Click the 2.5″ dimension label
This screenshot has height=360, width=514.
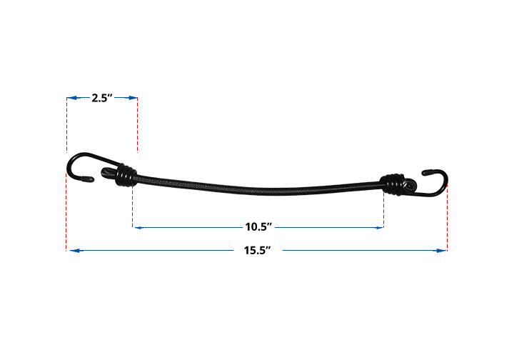(102, 98)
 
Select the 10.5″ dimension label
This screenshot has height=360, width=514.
(258, 227)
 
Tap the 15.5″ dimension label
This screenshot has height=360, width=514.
(257, 251)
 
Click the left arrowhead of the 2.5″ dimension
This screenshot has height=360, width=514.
(71, 98)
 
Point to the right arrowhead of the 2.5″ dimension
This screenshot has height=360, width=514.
(133, 98)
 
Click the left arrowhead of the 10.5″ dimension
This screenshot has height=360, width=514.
(138, 228)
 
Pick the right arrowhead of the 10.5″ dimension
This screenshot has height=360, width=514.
(379, 228)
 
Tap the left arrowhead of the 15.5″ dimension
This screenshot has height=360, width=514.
(75, 251)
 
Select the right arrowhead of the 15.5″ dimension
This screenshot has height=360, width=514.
(442, 251)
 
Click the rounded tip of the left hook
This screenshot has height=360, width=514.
(91, 179)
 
